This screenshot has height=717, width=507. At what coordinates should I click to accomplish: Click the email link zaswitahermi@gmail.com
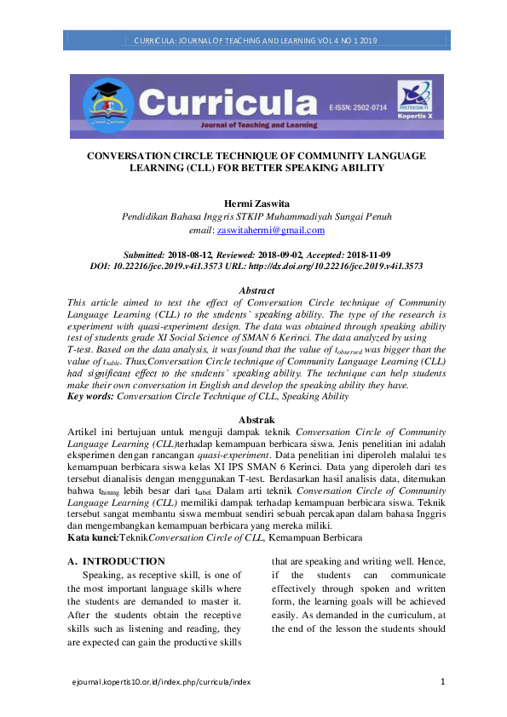click(x=271, y=230)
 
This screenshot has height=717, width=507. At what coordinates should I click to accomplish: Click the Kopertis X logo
click(x=415, y=100)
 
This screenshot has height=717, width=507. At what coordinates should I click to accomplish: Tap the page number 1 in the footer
click(x=442, y=681)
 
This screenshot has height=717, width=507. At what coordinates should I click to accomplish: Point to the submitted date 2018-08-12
click(x=197, y=255)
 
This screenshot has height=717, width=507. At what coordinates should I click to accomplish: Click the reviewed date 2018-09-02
click(x=286, y=255)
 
